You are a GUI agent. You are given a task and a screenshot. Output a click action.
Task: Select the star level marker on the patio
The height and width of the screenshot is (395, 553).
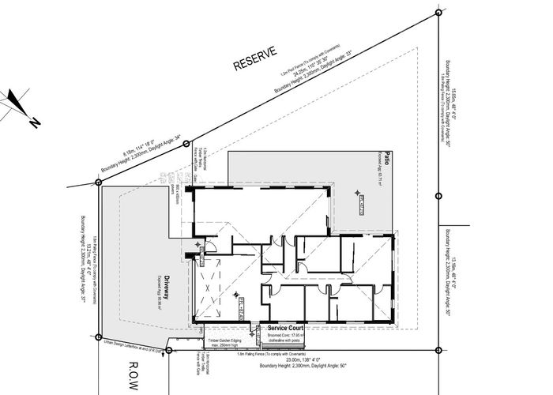[x=357, y=192]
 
